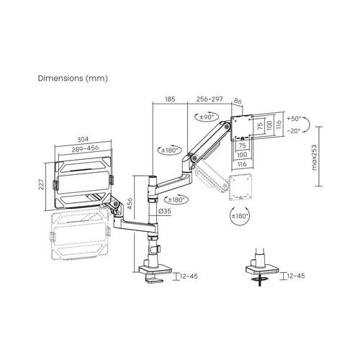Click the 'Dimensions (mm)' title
click(73, 78)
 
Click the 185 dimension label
click(170, 99)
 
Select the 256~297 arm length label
click(210, 99)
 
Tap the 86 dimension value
click(238, 102)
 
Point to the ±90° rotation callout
click(207, 117)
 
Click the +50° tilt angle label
click(294, 119)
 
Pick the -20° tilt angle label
click(294, 131)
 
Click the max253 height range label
click(314, 158)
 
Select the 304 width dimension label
click(83, 139)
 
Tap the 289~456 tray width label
click(85, 149)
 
